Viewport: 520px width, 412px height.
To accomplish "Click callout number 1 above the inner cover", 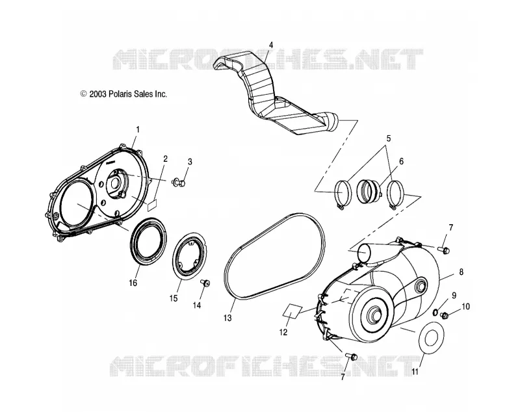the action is click(x=138, y=129).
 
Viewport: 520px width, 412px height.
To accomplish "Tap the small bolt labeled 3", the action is click(x=179, y=182).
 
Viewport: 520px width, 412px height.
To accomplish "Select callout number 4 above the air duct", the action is click(x=271, y=45).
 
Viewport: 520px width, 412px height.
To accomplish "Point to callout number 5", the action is click(x=388, y=138).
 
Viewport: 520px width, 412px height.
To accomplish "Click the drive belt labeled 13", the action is click(x=273, y=255).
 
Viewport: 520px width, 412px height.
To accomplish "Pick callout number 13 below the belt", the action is click(x=227, y=318).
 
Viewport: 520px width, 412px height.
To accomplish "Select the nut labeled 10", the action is click(x=445, y=315).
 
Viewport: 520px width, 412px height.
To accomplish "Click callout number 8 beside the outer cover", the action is click(x=461, y=272).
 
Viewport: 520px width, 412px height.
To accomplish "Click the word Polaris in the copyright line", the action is click(x=120, y=94).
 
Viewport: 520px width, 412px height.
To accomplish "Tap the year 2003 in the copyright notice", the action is click(x=98, y=94).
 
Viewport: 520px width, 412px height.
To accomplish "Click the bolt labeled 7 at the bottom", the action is click(x=351, y=356).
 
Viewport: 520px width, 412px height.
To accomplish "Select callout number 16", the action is click(x=133, y=283).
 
